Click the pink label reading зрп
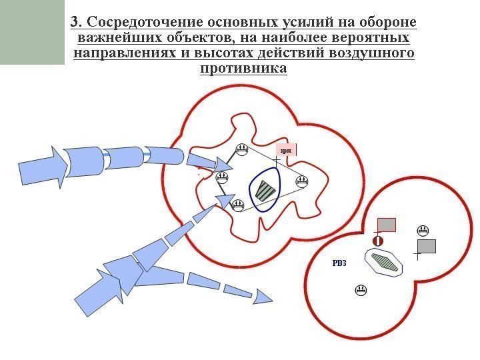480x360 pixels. pyautogui.click(x=286, y=151)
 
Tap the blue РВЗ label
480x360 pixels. pyautogui.click(x=339, y=263)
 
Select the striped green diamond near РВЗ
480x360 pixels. pyautogui.click(x=385, y=261)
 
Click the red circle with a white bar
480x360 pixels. pyautogui.click(x=377, y=240)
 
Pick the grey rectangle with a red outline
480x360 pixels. pyautogui.click(x=387, y=224)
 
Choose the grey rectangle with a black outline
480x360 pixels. pyautogui.click(x=426, y=246)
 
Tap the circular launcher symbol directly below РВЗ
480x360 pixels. pyautogui.click(x=361, y=290)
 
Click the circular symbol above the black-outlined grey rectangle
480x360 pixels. pyautogui.click(x=422, y=231)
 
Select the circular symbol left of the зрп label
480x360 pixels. pyautogui.click(x=243, y=150)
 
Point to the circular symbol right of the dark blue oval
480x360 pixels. pyautogui.click(x=301, y=181)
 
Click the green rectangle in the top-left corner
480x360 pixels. pyautogui.click(x=32, y=32)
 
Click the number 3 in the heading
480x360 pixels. pyautogui.click(x=75, y=22)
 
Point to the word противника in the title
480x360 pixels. pyautogui.click(x=243, y=68)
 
